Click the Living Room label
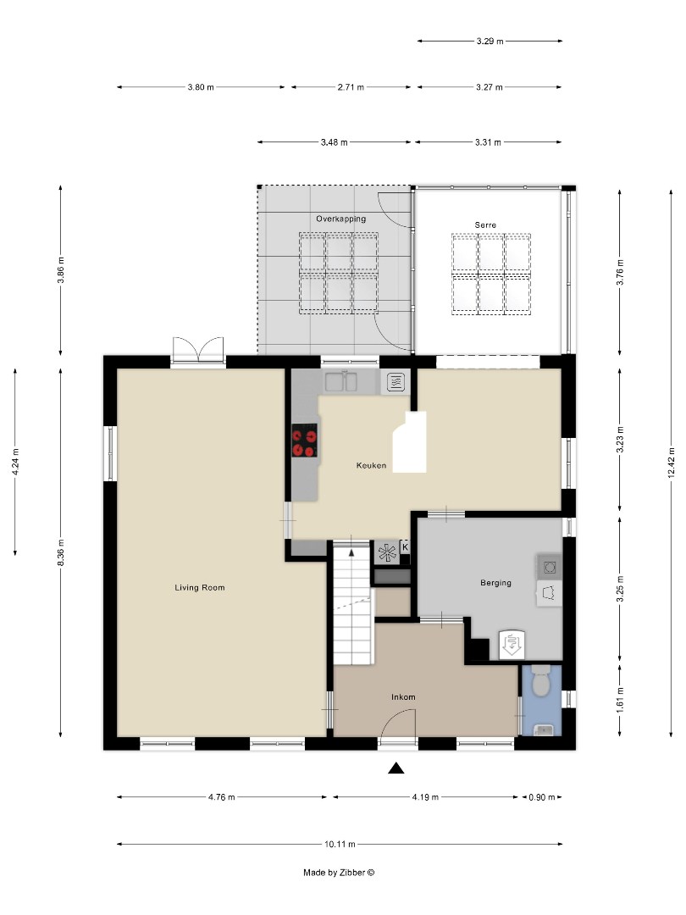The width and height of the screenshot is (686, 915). pos(199,587)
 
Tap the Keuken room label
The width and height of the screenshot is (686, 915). pos(371,465)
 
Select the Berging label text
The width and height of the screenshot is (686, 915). pos(495,582)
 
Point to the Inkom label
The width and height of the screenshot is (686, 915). pos(402,697)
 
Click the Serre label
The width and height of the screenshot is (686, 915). pos(485,225)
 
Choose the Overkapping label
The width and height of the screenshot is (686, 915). pos(340,219)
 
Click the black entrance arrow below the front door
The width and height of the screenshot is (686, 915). pos(396,768)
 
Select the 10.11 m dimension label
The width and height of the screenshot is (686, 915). pos(340,844)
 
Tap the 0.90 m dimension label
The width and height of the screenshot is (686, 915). pos(538,797)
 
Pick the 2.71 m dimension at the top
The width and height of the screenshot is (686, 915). pos(349,87)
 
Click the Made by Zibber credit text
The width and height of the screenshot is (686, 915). pos(339,872)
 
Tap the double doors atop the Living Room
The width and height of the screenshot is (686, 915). pos(198,351)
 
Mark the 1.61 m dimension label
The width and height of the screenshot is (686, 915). pos(621,701)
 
